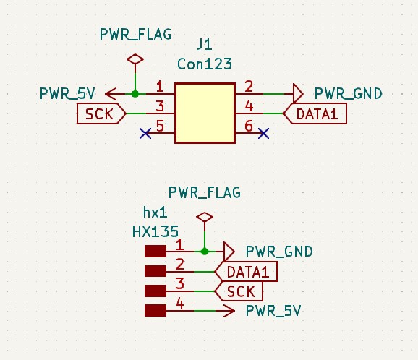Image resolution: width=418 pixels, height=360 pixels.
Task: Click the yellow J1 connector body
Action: pos(205,113)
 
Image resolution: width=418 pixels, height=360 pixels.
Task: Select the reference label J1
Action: pos(205,45)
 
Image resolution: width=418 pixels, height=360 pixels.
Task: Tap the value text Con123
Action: pos(205,64)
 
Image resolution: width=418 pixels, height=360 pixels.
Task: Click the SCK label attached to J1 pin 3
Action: pos(101,113)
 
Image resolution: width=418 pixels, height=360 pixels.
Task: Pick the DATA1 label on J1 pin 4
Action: pos(315,113)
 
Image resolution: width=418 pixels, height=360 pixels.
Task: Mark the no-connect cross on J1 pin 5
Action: pos(145,133)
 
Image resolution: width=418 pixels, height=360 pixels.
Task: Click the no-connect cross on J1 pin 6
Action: pos(264,133)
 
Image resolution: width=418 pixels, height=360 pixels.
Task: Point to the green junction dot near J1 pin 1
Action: pos(135,94)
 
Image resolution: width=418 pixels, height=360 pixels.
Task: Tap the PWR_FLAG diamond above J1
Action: pos(135,59)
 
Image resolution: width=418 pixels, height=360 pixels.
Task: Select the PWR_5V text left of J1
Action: pos(67,94)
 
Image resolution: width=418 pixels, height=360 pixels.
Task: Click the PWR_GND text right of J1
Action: pos(348,94)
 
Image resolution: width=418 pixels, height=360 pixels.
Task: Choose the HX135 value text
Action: pos(155,231)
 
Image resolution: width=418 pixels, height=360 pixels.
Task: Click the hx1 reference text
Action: pos(155,213)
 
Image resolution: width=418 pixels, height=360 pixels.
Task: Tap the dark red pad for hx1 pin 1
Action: pos(155,252)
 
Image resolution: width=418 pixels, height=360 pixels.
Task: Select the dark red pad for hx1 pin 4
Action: pos(155,311)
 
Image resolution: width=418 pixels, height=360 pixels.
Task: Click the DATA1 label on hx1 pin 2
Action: pos(246,272)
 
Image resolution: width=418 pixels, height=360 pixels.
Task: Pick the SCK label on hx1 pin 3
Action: pos(239,291)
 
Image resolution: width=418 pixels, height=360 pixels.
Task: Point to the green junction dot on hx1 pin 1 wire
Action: pos(205,252)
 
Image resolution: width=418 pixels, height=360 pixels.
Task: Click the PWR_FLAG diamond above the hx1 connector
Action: pos(205,217)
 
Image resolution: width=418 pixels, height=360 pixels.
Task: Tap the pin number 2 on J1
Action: pos(249,87)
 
